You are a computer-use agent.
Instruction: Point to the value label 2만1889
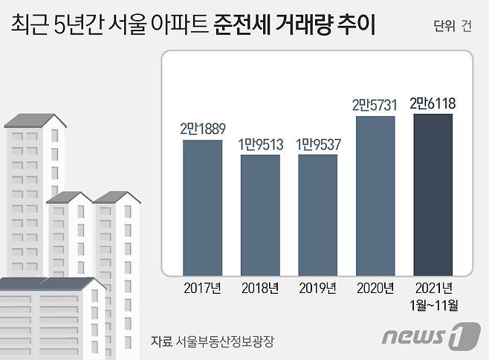coord(201,129)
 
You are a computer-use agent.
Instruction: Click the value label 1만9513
coord(259,144)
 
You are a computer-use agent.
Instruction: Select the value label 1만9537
coord(317,144)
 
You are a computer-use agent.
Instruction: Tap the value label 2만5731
coord(375,106)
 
